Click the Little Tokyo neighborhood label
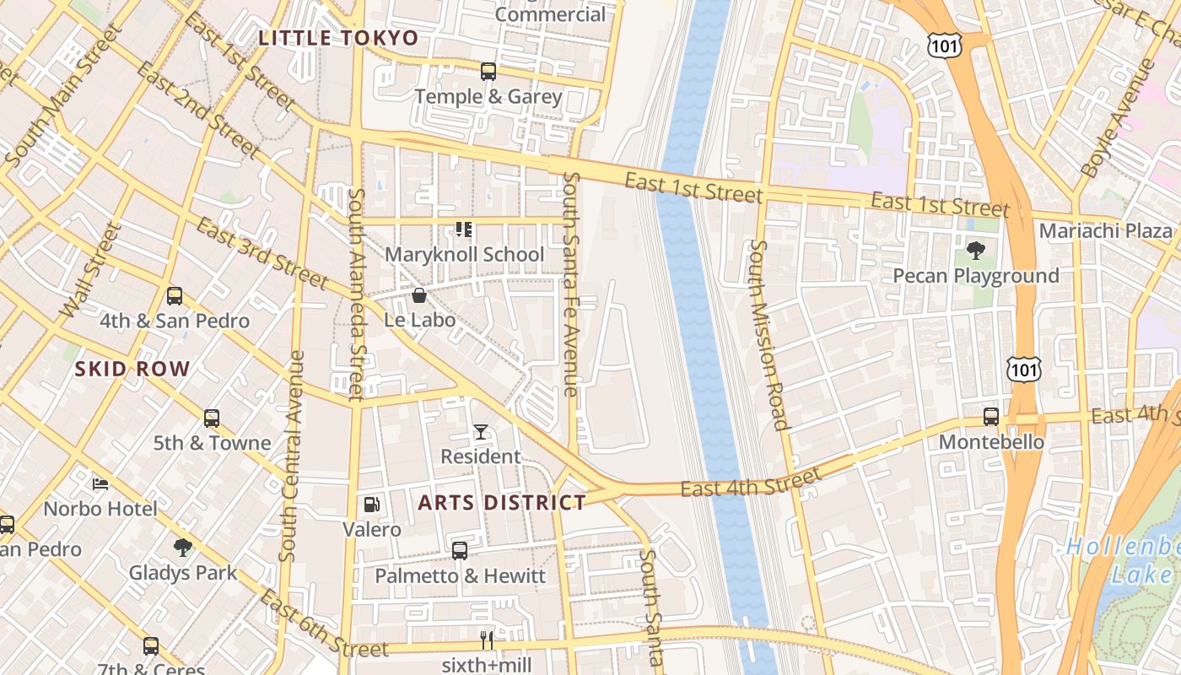tap(338, 38)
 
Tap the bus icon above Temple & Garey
tap(488, 72)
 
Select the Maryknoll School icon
tap(463, 229)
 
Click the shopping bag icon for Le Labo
tap(418, 295)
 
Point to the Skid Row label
tap(132, 369)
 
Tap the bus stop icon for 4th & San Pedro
tap(175, 296)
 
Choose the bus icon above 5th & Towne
tap(212, 418)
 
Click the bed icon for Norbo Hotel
tap(100, 484)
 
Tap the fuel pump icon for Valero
tap(371, 505)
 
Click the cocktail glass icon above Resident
tap(481, 432)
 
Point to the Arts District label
tap(502, 503)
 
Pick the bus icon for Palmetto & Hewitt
tap(460, 551)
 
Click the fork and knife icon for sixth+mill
tap(487, 640)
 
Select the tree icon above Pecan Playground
tap(976, 251)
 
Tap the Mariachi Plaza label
tap(1105, 231)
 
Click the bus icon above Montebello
tap(991, 417)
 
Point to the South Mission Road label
tap(768, 335)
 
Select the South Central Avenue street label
tap(292, 456)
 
